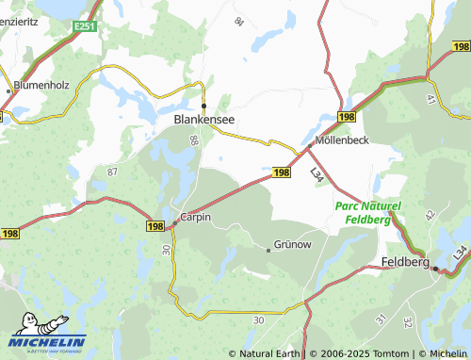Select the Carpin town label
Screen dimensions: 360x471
coord(196,217)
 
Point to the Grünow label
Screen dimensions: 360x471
coord(292,243)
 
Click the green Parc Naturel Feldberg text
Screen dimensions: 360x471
coord(366,212)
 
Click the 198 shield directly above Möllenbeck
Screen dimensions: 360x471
coord(346,116)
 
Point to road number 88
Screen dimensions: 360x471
coord(194,140)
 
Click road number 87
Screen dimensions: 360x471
coord(112,172)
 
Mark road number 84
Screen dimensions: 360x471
coord(238,21)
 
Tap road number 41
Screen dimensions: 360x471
coord(430,98)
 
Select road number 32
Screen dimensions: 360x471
coord(407,321)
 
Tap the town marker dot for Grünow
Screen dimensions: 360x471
coord(268,250)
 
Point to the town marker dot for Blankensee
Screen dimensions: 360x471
coord(204,106)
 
